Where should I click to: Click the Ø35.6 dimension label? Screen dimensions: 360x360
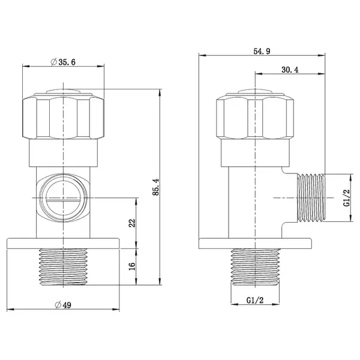click(63, 62)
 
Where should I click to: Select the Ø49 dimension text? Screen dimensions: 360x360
click(63, 305)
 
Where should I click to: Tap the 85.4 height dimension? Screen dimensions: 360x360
click(156, 187)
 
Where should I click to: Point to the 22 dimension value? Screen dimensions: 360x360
click(132, 223)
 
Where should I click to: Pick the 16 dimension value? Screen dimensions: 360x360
click(132, 266)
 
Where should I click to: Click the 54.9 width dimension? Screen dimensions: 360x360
click(262, 51)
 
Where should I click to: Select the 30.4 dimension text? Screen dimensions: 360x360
click(290, 70)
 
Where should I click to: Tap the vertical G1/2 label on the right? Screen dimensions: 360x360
click(347, 197)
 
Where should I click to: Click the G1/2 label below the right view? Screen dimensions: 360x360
click(255, 300)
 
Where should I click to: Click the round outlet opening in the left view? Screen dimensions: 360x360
click(63, 197)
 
